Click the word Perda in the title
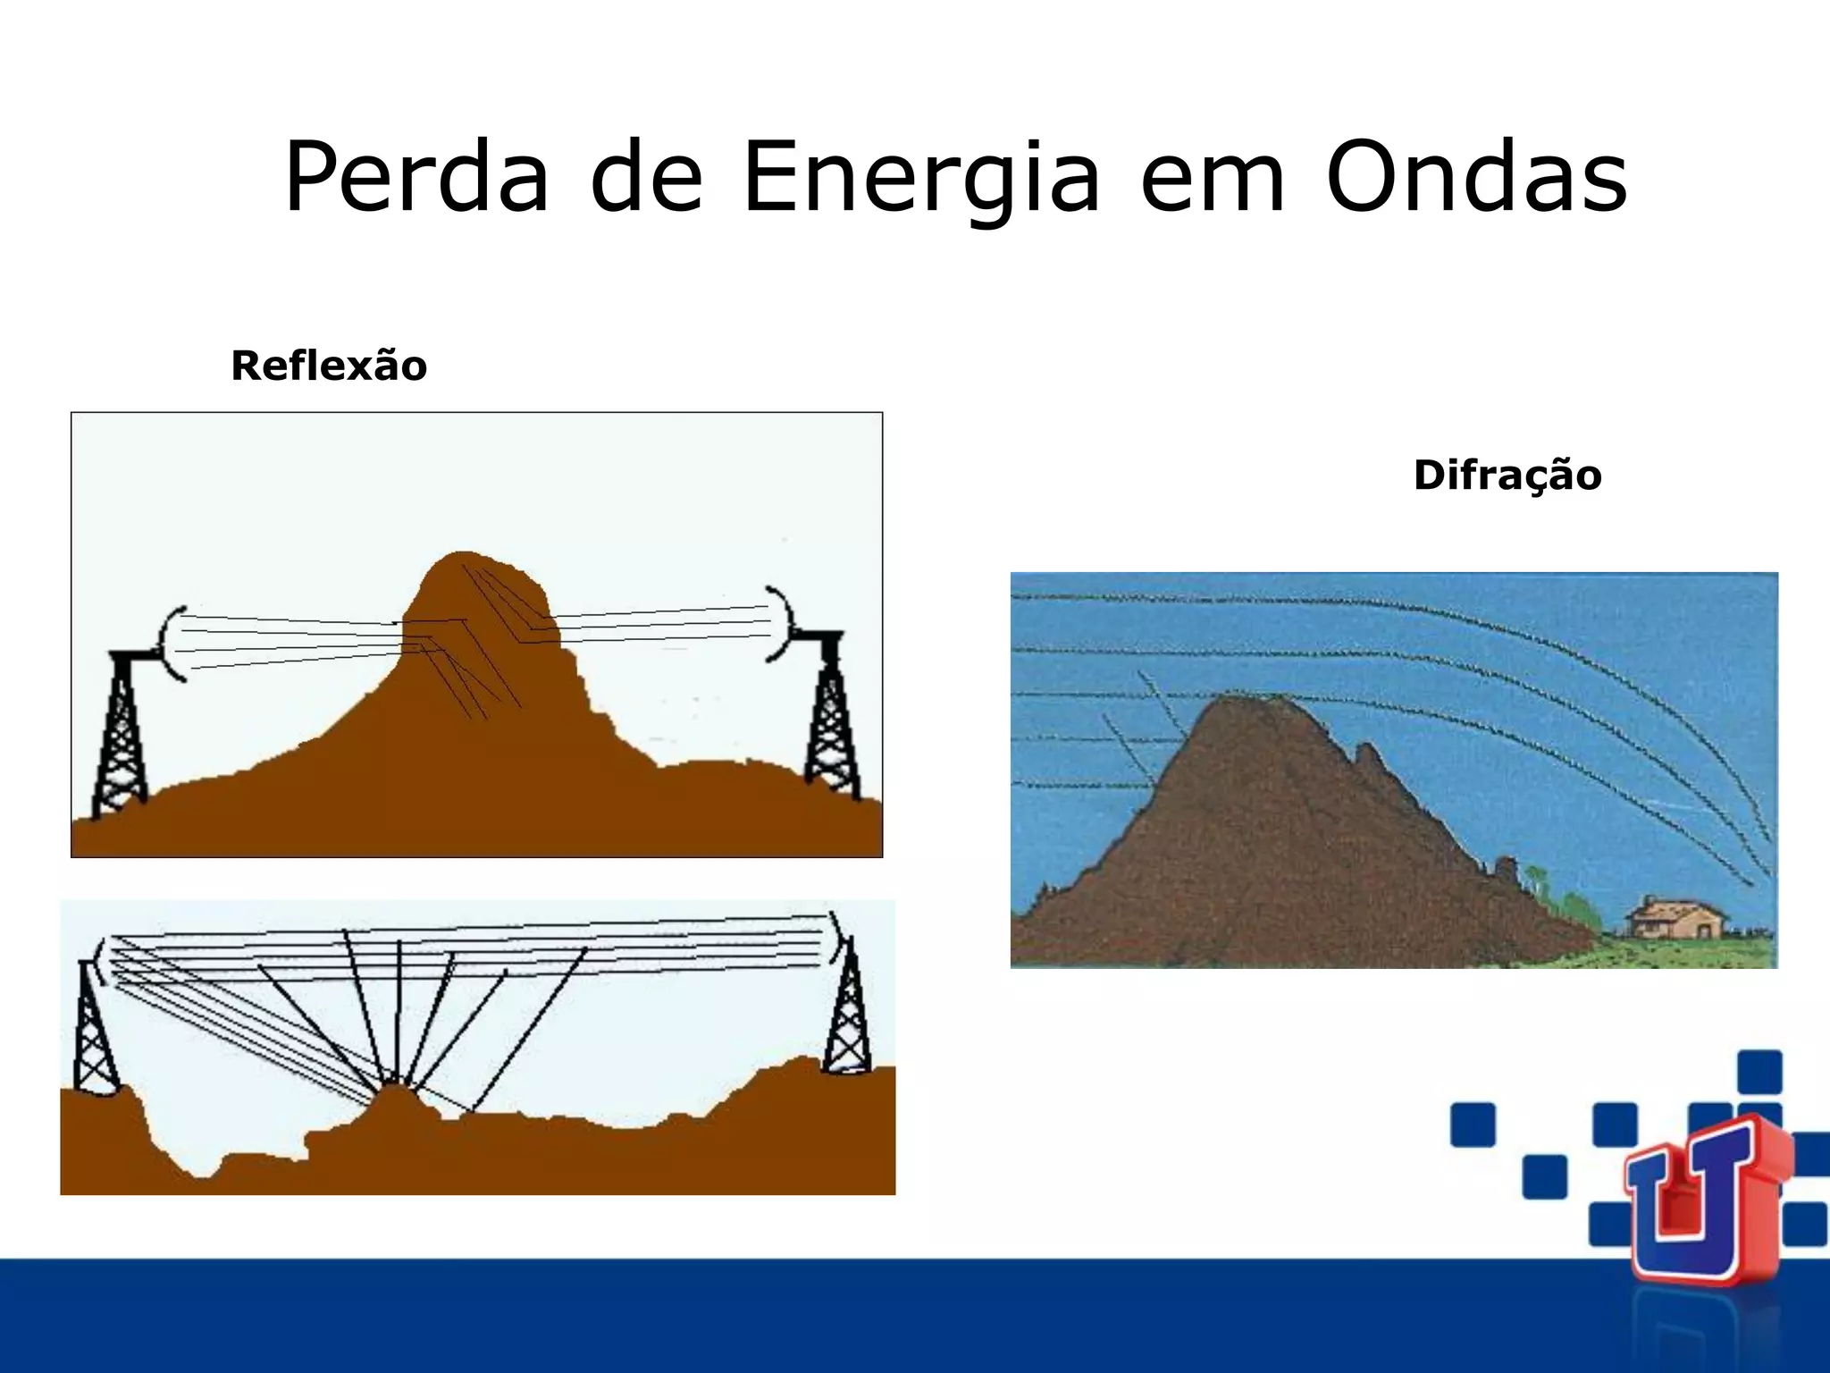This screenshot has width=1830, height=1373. tap(416, 179)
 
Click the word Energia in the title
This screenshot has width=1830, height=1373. tap(920, 179)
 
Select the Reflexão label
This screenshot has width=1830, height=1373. tap(329, 366)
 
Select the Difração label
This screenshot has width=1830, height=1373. tap(1507, 475)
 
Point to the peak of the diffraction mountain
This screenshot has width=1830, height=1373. tap(1247, 700)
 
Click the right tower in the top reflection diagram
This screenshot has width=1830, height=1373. tap(831, 715)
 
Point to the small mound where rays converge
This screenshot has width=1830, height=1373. tap(393, 1095)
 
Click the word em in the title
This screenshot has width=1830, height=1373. tap(1213, 179)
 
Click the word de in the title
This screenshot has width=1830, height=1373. tap(646, 179)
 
